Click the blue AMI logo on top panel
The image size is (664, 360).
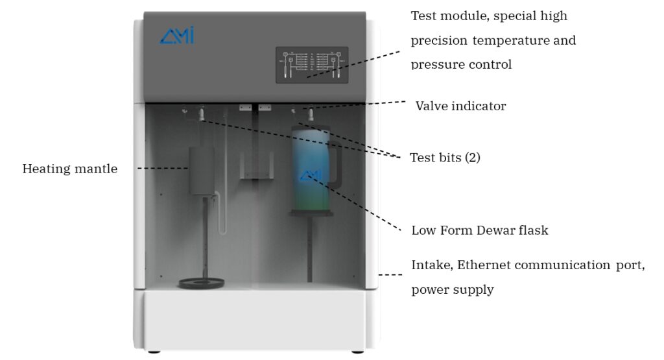176,36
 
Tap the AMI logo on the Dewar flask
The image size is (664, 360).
311,174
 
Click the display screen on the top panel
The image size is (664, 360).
312,64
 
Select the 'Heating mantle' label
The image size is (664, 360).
70,169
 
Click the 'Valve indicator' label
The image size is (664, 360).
460,106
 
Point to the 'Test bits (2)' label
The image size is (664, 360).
445,158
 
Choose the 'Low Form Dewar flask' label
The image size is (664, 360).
480,230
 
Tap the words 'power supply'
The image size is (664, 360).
453,290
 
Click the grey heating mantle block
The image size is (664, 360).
202,170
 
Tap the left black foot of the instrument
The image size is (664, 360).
153,352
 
